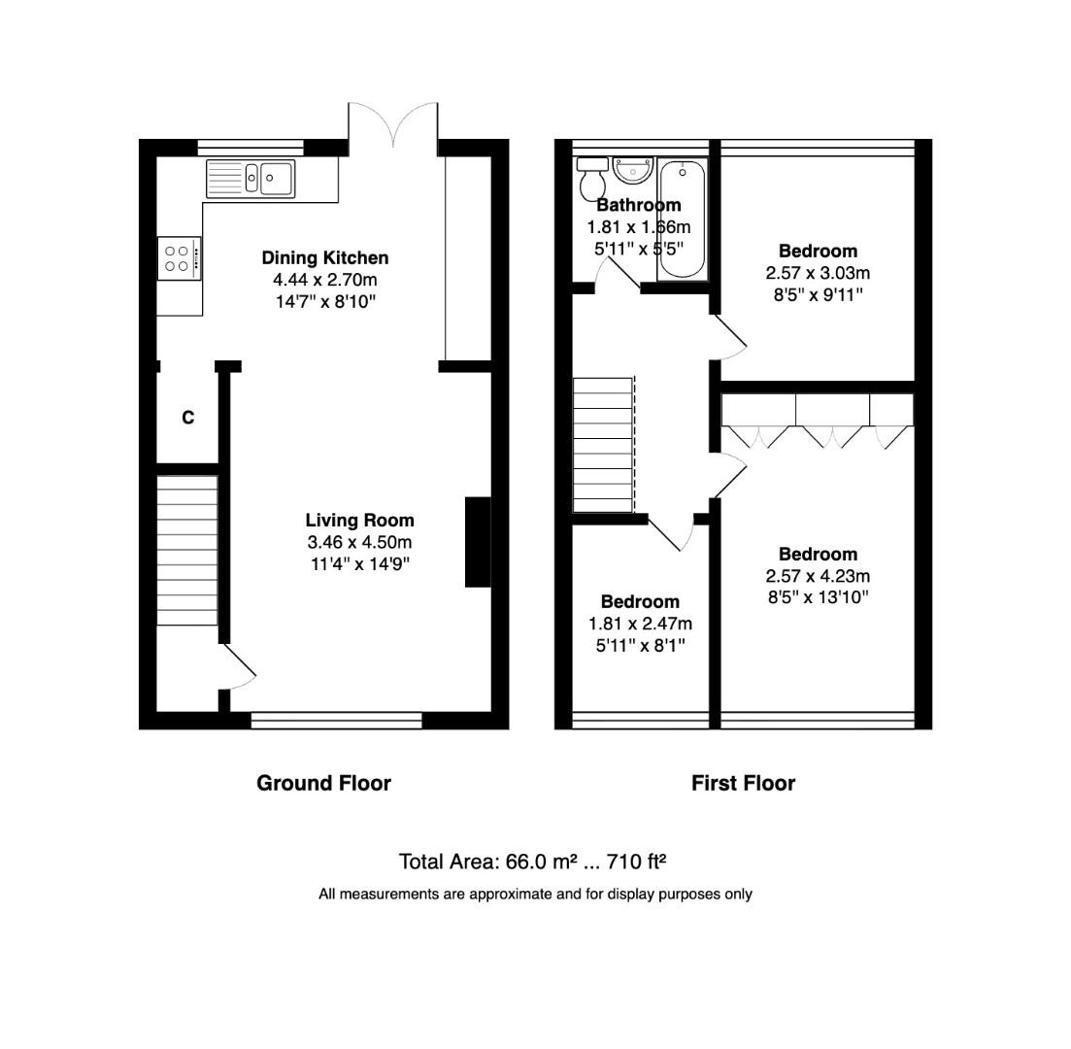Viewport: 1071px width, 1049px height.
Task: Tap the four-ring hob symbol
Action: [178, 258]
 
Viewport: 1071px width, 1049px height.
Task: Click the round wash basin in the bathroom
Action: [632, 171]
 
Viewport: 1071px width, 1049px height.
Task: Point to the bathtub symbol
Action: [683, 220]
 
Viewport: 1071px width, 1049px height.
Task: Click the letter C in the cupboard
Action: [187, 418]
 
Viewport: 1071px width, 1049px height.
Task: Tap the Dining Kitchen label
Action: [324, 257]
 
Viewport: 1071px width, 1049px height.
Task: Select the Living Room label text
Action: [359, 521]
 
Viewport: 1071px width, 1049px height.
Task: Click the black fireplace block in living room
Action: [478, 542]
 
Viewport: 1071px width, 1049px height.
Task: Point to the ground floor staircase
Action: [186, 550]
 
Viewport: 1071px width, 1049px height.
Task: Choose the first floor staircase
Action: [603, 445]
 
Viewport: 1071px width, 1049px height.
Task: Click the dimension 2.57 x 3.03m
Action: [818, 273]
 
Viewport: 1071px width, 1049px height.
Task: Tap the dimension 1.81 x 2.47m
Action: [640, 624]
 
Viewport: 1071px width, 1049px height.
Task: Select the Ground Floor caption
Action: [323, 783]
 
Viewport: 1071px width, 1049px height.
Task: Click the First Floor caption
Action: [743, 783]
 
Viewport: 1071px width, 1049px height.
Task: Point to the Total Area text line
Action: [532, 862]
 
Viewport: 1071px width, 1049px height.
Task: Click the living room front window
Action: [336, 720]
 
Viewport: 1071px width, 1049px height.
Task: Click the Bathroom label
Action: [638, 205]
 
